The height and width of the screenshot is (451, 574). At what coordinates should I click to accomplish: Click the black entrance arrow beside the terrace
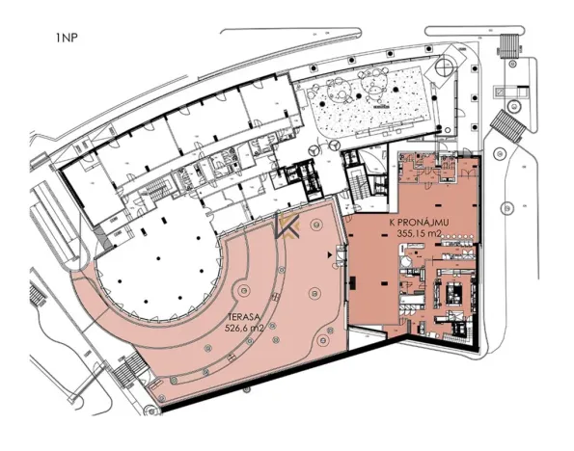click(335, 255)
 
